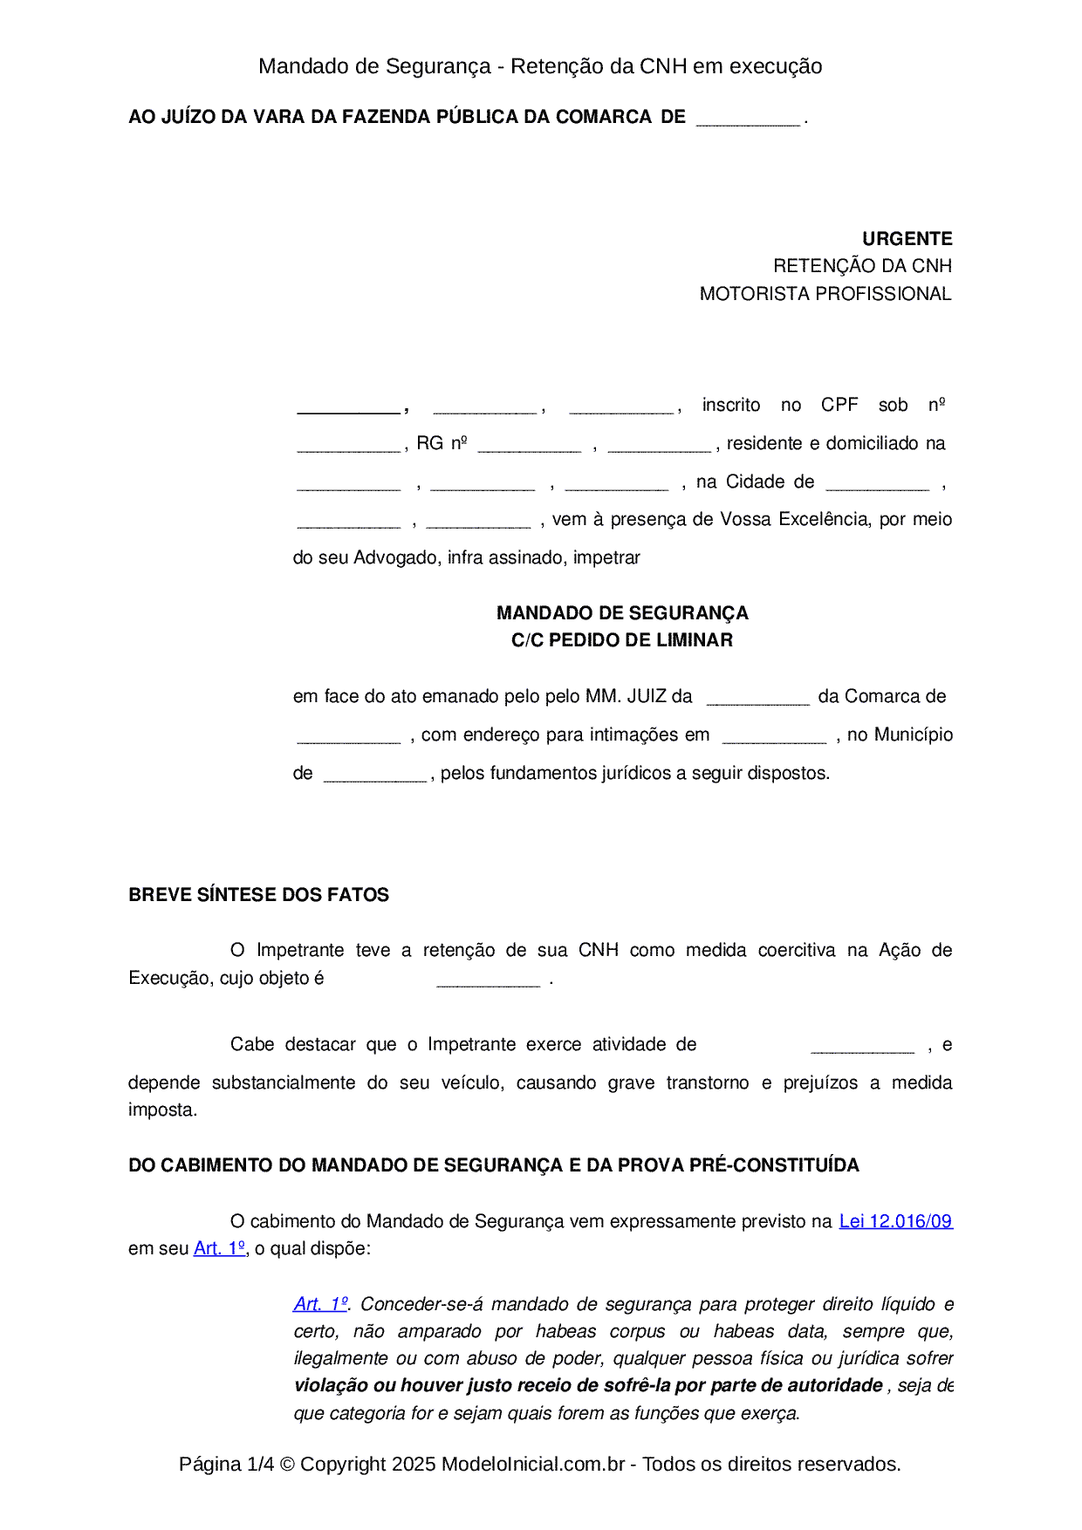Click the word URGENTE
(907, 239)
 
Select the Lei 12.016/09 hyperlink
(895, 1221)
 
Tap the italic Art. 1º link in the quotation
(320, 1304)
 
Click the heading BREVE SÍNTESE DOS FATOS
(258, 895)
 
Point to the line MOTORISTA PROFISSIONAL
(825, 294)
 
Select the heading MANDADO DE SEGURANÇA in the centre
(622, 613)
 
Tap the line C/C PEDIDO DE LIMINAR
(622, 640)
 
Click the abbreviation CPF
(839, 405)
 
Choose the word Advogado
(397, 557)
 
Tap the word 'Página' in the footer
(210, 1464)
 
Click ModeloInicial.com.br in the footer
(533, 1464)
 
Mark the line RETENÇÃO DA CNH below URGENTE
(862, 266)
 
